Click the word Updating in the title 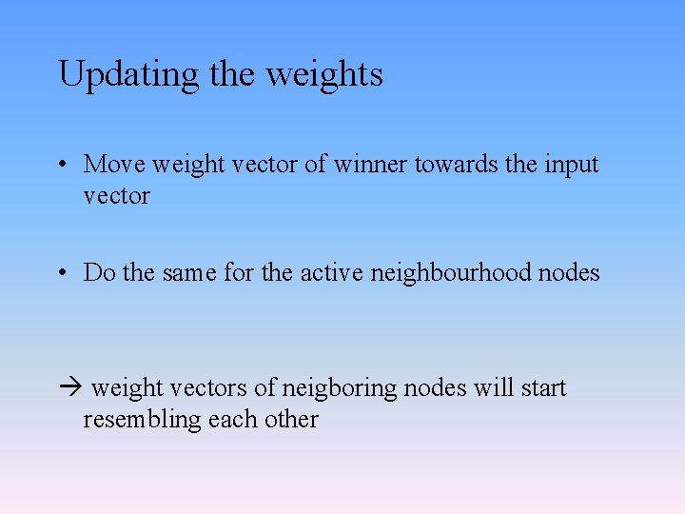pos(129,75)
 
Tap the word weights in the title pos(324,75)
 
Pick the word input pos(571,166)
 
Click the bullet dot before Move pos(61,165)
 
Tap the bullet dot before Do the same pos(61,273)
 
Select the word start pos(542,388)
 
